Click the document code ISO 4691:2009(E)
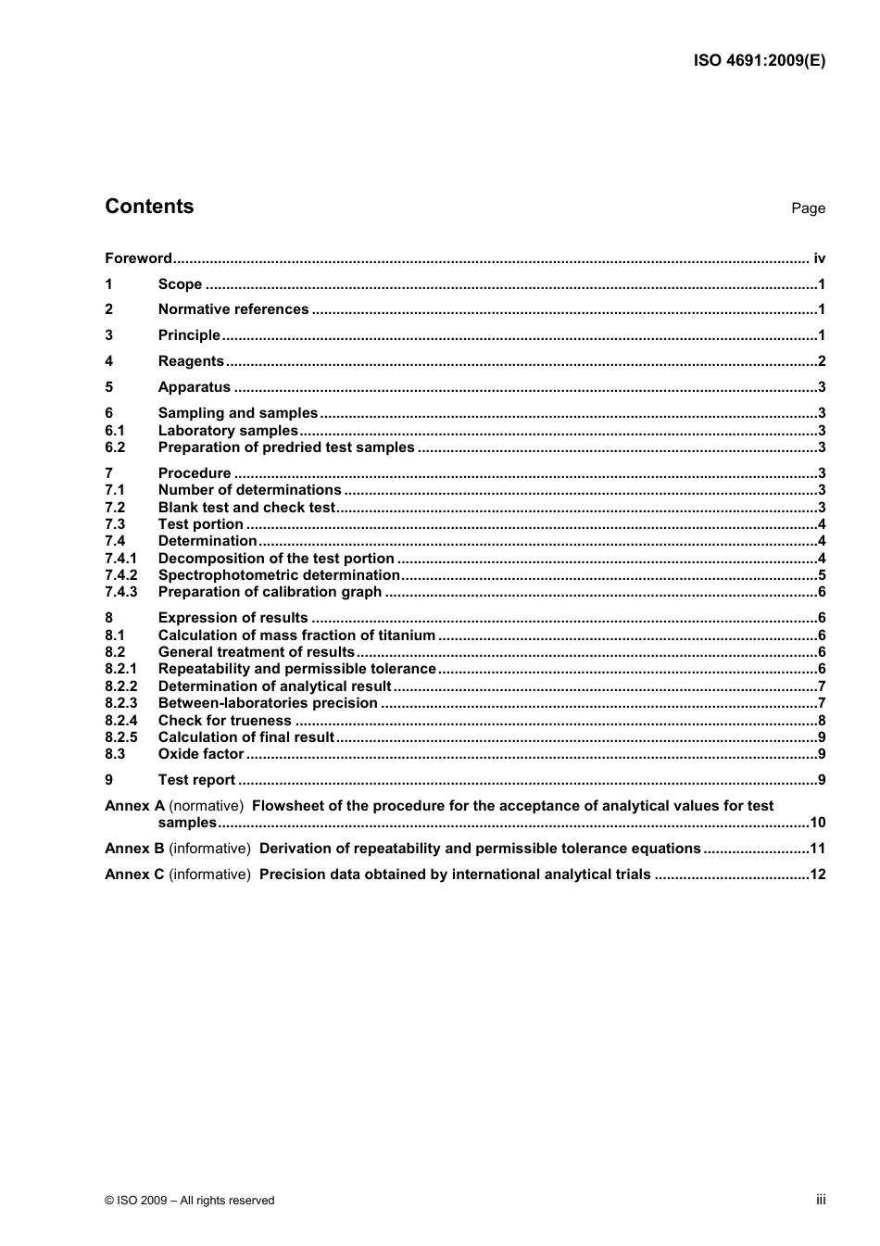tap(759, 61)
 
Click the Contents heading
tap(149, 207)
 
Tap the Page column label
tap(808, 208)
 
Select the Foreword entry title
tap(138, 258)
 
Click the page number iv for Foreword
tap(819, 258)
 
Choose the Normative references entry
tap(233, 309)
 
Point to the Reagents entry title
tap(191, 361)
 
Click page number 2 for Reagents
tap(821, 361)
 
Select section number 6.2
tap(115, 447)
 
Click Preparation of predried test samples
tap(286, 447)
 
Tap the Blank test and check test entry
tap(246, 508)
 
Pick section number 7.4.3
tap(120, 592)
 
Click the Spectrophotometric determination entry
tap(279, 575)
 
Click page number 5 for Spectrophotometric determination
tap(821, 575)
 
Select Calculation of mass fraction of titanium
tap(296, 636)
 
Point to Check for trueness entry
tap(224, 721)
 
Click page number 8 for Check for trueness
tap(821, 721)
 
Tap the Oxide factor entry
tap(200, 754)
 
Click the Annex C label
tap(134, 875)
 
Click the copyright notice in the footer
tap(190, 1201)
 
